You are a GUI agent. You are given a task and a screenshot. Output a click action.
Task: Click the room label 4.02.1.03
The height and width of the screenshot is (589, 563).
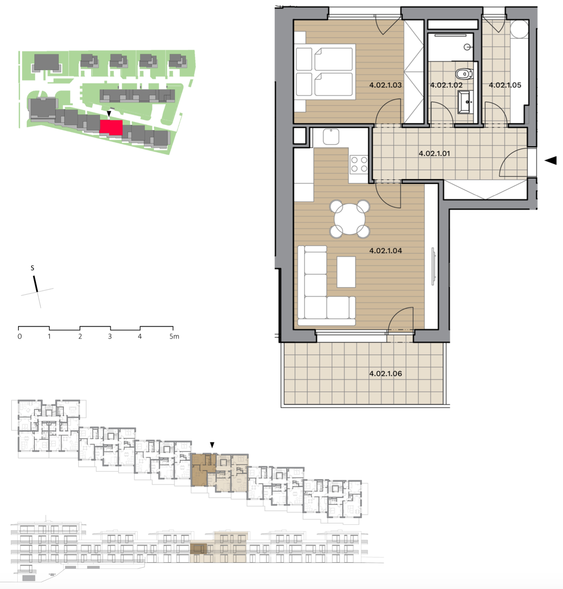point(385,85)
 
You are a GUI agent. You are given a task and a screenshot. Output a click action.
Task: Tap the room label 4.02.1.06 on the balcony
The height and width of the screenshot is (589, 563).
point(386,373)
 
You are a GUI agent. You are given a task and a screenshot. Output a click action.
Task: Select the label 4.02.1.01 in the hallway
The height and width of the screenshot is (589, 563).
point(434,154)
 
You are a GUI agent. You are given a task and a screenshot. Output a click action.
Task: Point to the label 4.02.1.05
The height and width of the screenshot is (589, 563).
point(505,85)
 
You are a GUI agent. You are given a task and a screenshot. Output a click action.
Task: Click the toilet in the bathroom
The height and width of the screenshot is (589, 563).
point(464,73)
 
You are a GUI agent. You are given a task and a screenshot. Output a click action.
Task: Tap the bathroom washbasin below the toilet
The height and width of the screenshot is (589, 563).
point(466,102)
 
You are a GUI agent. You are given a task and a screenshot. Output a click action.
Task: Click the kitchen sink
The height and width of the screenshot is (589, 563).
point(331,136)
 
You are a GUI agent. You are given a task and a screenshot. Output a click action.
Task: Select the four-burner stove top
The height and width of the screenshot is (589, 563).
point(359,164)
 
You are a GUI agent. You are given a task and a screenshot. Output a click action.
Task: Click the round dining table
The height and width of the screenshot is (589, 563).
point(349,219)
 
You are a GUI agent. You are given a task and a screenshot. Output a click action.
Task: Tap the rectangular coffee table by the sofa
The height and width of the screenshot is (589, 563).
point(346,272)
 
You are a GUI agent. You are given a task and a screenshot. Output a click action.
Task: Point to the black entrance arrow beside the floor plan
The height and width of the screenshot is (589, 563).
point(550,160)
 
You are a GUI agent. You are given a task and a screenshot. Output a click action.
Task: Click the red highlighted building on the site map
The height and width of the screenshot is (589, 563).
point(111,127)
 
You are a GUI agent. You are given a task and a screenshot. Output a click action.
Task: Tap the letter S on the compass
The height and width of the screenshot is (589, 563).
point(32,268)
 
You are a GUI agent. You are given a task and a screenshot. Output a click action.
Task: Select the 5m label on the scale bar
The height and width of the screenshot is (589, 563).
point(174,337)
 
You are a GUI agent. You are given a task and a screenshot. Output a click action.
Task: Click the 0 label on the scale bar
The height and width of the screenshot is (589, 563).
point(20,337)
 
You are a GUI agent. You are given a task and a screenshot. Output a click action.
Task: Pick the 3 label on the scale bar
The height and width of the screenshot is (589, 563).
point(110,337)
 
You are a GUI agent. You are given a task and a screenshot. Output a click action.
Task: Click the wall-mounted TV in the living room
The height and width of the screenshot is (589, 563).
point(433,266)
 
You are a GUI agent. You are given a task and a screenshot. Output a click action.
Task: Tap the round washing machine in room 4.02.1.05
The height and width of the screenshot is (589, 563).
point(520,29)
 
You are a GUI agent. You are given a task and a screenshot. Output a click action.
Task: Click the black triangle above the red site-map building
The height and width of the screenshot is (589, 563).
point(109,113)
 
